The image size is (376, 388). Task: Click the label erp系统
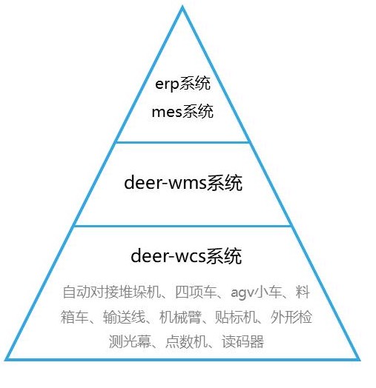(183, 84)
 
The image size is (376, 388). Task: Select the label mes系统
(182, 111)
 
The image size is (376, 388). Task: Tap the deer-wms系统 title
(183, 183)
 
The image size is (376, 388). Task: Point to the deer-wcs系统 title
(186, 256)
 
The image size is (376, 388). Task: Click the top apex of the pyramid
(182, 7)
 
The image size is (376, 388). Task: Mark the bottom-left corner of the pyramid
(5, 360)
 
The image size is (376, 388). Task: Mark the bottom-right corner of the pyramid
(359, 360)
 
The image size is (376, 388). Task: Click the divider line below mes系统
(182, 142)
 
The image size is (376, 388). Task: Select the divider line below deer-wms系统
(182, 226)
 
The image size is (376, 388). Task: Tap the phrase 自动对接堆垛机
(111, 292)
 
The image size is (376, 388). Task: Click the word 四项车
(196, 292)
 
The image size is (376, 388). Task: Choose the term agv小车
(256, 292)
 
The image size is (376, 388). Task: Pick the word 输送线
(124, 317)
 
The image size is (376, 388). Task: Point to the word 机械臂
(180, 317)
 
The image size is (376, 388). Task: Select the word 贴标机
(236, 317)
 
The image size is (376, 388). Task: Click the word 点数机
(186, 341)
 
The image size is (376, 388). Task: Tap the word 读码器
(243, 341)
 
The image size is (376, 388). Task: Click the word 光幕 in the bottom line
(137, 341)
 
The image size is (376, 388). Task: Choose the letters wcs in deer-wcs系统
(191, 258)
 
